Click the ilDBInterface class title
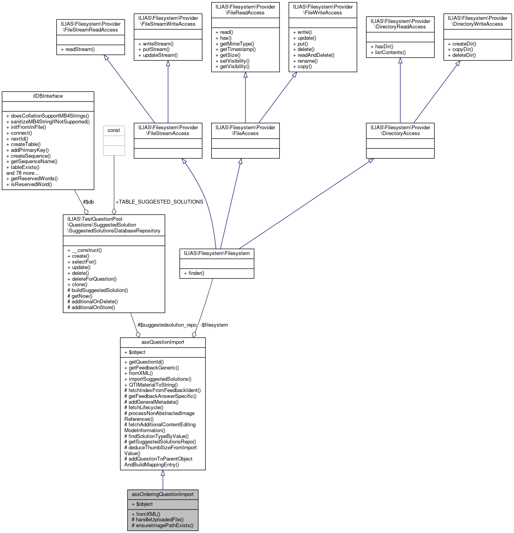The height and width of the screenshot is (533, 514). (48, 96)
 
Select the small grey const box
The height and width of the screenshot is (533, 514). (114, 140)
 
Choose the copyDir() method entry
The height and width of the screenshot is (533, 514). (463, 49)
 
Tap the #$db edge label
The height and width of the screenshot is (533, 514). (88, 202)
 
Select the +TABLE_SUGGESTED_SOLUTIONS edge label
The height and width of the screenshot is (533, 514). (159, 202)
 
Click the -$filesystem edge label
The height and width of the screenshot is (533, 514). (214, 325)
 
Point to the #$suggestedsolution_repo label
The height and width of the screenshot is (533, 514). (167, 325)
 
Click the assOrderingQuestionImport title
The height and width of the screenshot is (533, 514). (163, 494)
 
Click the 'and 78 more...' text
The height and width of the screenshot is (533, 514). (23, 173)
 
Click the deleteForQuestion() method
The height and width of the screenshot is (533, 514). (94, 279)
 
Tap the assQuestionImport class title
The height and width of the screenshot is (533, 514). (163, 342)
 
